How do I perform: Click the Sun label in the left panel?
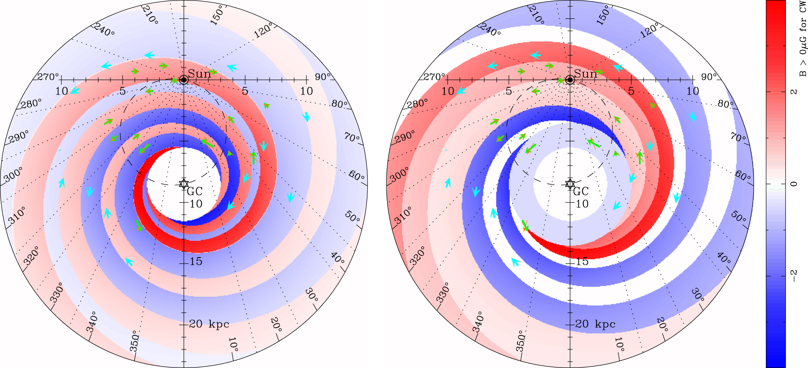point(199,74)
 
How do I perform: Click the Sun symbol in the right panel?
point(569,80)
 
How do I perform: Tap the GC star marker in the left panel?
point(184,184)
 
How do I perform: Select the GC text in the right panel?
point(581,192)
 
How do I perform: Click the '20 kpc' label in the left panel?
point(209,324)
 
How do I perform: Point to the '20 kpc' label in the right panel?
point(595,324)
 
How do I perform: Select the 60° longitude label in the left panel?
point(357,176)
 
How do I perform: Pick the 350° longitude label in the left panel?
point(135,341)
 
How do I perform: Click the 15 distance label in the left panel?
point(196,262)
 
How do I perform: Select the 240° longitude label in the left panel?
point(104,30)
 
